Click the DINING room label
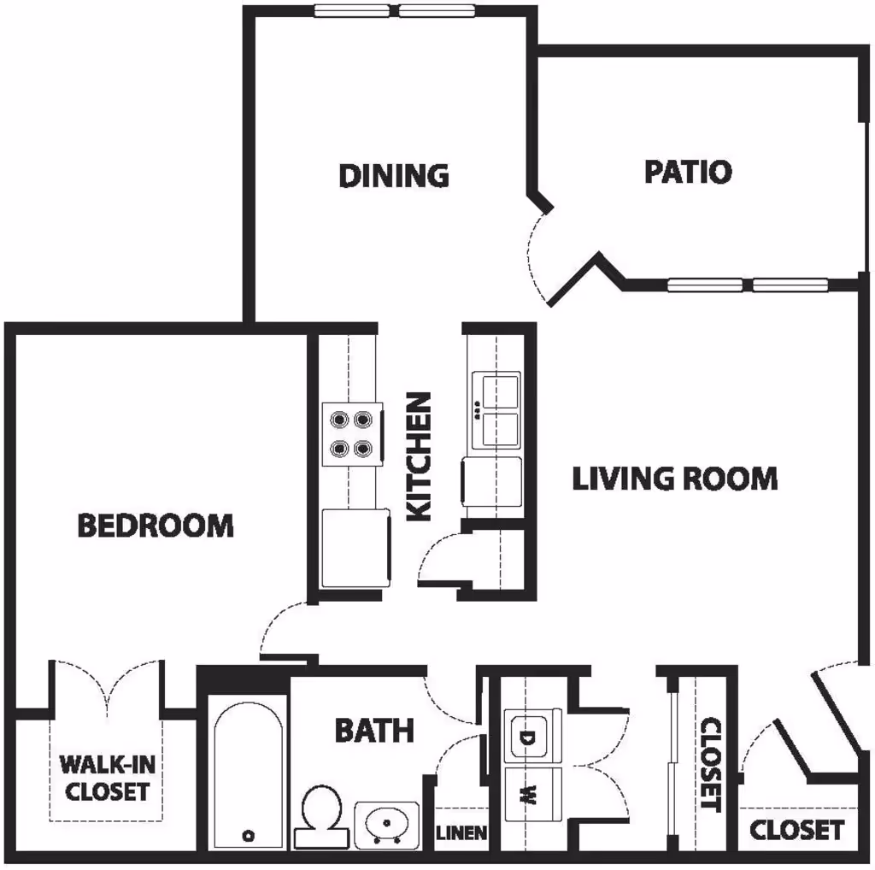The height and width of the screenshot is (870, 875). pyautogui.click(x=394, y=175)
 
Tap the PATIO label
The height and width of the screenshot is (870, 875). pyautogui.click(x=688, y=172)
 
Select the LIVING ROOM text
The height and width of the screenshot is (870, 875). pyautogui.click(x=674, y=479)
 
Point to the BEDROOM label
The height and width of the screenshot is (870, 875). pyautogui.click(x=156, y=525)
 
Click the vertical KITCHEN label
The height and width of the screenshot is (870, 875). pyautogui.click(x=420, y=456)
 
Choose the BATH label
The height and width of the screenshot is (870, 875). pyautogui.click(x=373, y=731)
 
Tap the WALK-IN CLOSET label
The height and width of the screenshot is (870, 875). pyautogui.click(x=108, y=778)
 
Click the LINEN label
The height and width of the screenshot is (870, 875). pyautogui.click(x=462, y=832)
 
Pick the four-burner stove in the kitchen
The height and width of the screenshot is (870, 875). pyautogui.click(x=352, y=433)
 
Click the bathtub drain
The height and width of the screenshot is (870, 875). pyautogui.click(x=250, y=834)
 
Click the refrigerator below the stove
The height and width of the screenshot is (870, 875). pyautogui.click(x=355, y=547)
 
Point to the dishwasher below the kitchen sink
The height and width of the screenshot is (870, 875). pyautogui.click(x=491, y=484)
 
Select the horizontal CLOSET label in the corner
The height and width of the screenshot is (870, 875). pyautogui.click(x=796, y=829)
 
